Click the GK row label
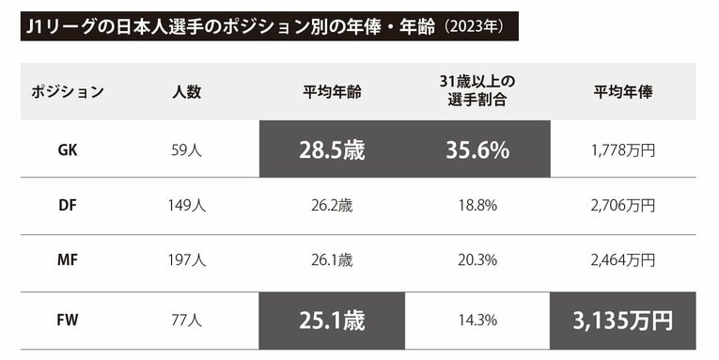tap(67, 149)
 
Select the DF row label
tap(67, 205)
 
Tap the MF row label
tap(67, 260)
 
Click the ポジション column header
tap(67, 92)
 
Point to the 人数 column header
tap(186, 92)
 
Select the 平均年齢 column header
tap(332, 92)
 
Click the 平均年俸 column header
tap(623, 92)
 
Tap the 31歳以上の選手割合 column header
tap(477, 91)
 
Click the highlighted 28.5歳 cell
tap(332, 149)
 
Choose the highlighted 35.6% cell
tap(477, 149)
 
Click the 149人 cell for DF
tap(186, 205)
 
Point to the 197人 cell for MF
tap(186, 260)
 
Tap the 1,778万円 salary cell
tap(623, 149)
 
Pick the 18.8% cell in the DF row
tap(477, 205)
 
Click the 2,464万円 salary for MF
tap(623, 260)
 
